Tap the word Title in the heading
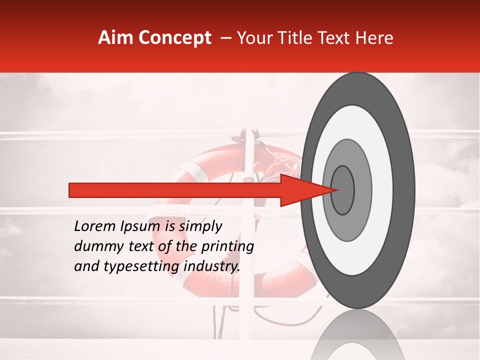(301, 38)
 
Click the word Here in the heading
(375, 38)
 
